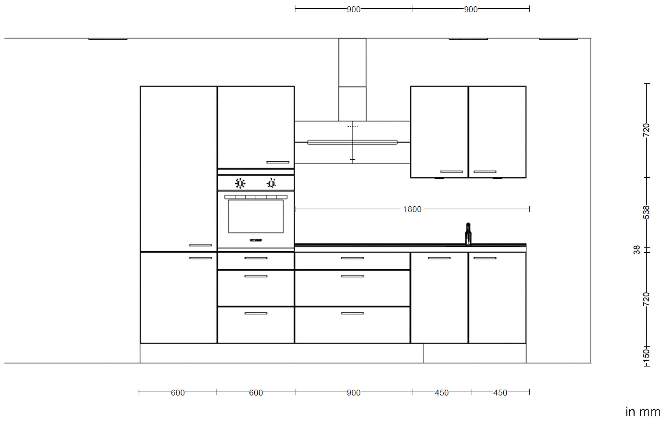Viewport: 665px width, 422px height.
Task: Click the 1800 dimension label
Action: tap(412, 209)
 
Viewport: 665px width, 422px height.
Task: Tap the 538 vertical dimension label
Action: tap(646, 212)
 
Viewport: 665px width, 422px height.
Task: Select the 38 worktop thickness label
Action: tap(637, 250)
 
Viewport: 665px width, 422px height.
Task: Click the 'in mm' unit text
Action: tap(643, 412)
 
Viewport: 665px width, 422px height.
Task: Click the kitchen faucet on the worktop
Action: tap(468, 234)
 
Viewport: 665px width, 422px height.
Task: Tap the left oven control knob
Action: tap(240, 183)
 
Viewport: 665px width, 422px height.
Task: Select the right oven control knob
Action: tap(271, 183)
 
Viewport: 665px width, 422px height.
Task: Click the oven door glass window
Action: tap(256, 216)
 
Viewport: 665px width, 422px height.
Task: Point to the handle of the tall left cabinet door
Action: tap(200, 245)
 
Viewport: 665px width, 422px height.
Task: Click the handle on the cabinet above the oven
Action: tap(278, 162)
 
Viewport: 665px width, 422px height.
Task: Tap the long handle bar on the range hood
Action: tap(352, 142)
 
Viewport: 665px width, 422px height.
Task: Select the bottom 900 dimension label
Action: tap(354, 393)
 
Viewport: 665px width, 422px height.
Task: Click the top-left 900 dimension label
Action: tap(354, 9)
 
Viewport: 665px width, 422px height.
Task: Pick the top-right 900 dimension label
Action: tap(471, 9)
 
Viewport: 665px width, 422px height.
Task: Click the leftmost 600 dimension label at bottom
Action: tap(178, 393)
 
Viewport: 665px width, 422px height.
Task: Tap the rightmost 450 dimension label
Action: tap(500, 393)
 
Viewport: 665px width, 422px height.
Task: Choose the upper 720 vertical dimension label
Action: tap(646, 130)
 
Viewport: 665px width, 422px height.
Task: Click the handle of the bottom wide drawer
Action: tap(352, 313)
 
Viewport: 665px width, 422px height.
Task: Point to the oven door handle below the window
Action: tap(256, 240)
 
